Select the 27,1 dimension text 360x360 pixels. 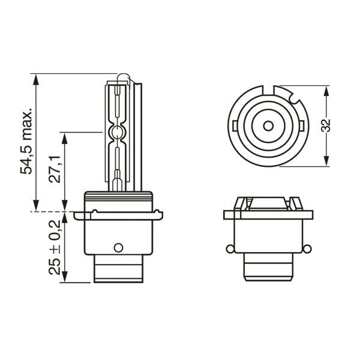55,169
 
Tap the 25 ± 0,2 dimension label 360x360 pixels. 55,247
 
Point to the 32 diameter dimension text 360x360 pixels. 325,125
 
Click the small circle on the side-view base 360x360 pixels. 118,247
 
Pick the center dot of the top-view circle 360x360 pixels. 268,126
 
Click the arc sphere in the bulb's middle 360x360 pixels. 118,133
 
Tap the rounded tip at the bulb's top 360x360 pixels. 123,76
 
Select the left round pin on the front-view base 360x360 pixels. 230,249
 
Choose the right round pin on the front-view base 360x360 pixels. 307,249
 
